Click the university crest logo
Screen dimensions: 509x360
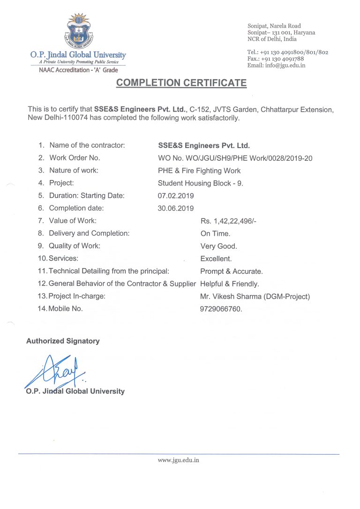click(78, 31)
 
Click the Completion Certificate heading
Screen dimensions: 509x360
click(181, 83)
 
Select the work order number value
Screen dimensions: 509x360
click(235, 158)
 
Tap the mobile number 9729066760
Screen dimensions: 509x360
click(221, 309)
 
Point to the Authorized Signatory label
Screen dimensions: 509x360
click(63, 341)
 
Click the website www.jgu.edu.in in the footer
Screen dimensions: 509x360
click(179, 460)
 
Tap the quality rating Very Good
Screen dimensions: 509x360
click(218, 246)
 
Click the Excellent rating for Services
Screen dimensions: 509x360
click(216, 258)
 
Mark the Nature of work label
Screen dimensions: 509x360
click(74, 171)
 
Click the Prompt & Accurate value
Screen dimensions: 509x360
click(231, 271)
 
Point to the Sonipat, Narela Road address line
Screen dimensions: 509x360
click(274, 26)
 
